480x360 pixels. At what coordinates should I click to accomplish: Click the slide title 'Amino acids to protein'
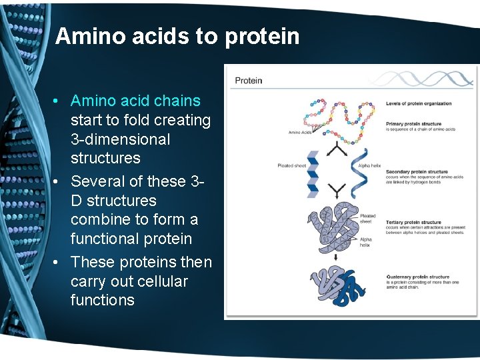click(x=177, y=36)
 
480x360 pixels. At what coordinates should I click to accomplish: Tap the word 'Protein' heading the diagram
click(x=249, y=81)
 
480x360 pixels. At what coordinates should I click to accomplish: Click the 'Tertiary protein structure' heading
click(x=413, y=223)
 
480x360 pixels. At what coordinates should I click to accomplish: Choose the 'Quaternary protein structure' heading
click(x=418, y=277)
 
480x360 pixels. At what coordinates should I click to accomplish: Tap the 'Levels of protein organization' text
click(x=419, y=103)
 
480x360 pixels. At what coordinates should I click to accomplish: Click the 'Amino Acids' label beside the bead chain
click(x=299, y=132)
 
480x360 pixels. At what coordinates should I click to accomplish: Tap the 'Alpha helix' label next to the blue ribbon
click(x=369, y=165)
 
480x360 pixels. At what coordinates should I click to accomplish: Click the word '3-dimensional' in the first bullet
click(x=121, y=139)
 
